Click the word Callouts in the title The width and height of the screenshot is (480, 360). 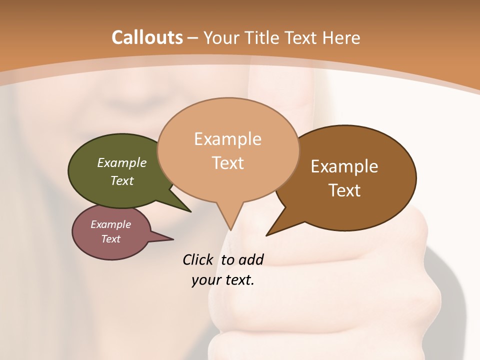coord(147,37)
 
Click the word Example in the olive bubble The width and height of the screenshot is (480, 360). coord(121,163)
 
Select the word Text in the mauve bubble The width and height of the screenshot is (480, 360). coord(110,239)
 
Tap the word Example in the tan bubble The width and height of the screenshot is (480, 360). coord(227,139)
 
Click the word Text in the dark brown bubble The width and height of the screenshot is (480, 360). coord(345,190)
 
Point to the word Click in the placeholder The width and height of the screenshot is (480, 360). coord(197,259)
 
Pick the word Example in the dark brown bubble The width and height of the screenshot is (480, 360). coord(344,166)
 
